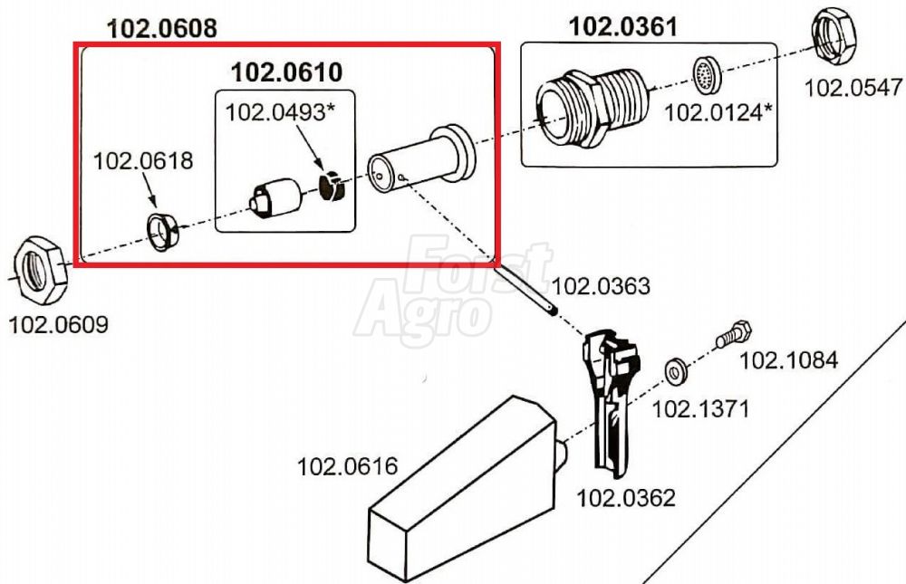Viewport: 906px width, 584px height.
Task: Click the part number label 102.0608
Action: point(162,28)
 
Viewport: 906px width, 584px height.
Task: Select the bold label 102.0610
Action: point(286,72)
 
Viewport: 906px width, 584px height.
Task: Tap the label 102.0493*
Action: point(280,112)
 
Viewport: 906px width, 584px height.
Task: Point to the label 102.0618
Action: point(143,160)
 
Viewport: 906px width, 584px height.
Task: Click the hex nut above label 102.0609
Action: point(39,270)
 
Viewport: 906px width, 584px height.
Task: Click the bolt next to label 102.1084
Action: point(734,334)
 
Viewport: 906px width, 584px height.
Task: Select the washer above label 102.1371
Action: point(675,371)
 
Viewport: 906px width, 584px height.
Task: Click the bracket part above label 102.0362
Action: point(612,401)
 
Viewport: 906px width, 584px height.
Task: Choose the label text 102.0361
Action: point(623,26)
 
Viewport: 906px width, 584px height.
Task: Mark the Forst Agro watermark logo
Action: point(454,290)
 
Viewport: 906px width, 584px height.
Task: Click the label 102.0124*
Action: point(718,112)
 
